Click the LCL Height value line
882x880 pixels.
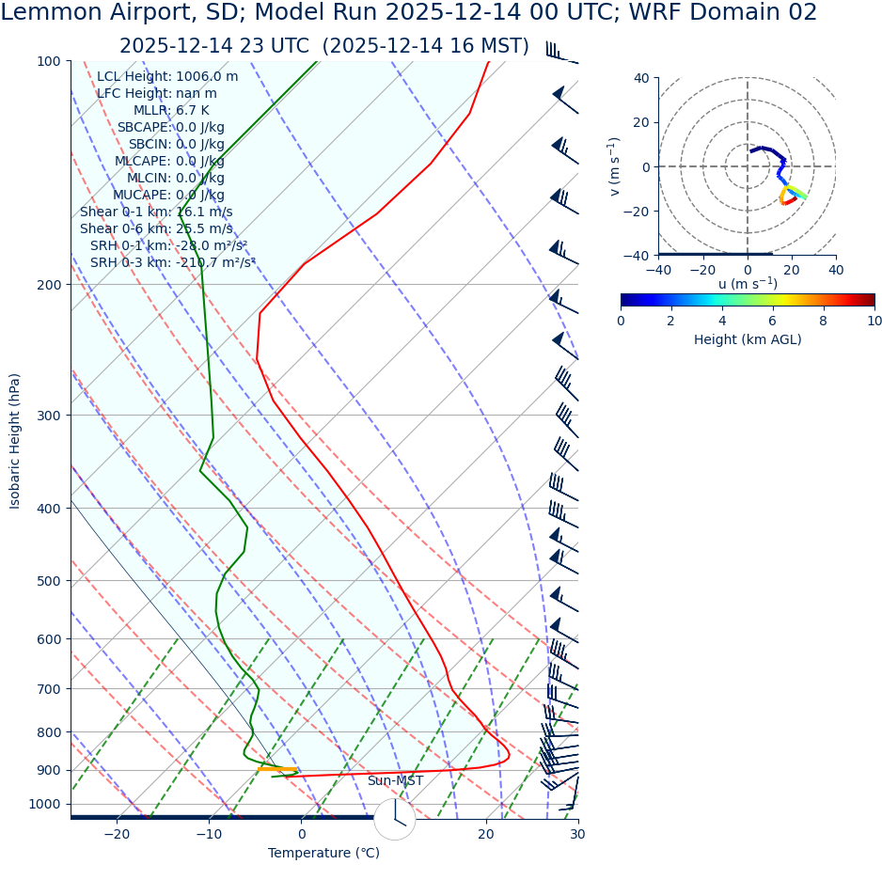coord(167,76)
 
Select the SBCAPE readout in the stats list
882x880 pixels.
coord(170,127)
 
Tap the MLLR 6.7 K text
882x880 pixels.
coord(171,110)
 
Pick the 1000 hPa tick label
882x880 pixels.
coord(43,804)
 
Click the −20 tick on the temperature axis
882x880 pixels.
coord(117,834)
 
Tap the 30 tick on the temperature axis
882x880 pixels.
coord(577,834)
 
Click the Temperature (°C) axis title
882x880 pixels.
coord(323,854)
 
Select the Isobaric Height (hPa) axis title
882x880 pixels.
coord(15,441)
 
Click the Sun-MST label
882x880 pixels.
coord(395,781)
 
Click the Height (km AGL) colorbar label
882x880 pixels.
coord(748,339)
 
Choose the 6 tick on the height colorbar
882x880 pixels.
coord(773,321)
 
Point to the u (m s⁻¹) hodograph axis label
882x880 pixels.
coord(748,284)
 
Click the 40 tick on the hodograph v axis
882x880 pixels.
coord(641,78)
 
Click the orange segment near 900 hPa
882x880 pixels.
coord(276,769)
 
